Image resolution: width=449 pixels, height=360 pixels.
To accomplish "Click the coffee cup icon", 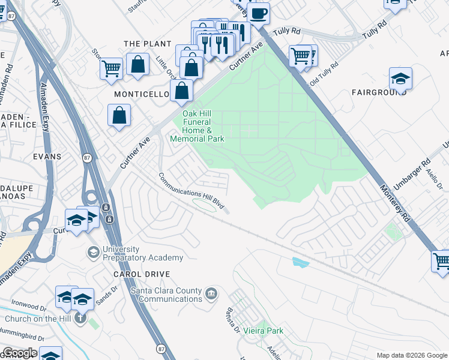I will (x=259, y=13).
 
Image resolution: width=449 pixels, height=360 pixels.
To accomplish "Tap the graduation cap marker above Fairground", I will (x=400, y=79).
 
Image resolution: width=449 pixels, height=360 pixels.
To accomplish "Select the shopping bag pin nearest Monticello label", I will (x=181, y=91).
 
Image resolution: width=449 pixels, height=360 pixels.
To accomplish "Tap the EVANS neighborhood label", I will (x=47, y=157).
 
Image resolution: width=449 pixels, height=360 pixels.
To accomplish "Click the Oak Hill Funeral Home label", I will (x=197, y=126).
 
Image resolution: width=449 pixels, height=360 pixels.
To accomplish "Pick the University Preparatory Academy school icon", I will (x=93, y=253).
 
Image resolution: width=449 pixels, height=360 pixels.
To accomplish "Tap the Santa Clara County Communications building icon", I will (x=211, y=293).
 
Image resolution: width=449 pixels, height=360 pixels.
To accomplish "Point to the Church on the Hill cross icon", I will (x=81, y=319).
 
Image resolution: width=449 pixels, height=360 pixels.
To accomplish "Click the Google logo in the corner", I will (x=20, y=353).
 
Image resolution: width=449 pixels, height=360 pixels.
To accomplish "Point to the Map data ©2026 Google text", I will (x=411, y=355).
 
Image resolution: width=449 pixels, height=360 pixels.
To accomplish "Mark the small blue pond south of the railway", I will (x=300, y=262).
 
